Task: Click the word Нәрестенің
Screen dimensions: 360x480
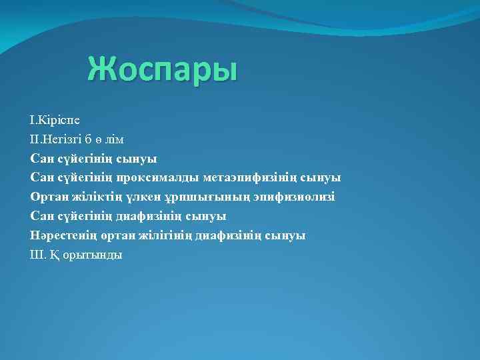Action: [61, 235]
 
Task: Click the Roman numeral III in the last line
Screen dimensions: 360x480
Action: [36, 255]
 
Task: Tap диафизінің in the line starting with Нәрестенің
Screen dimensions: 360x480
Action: [228, 235]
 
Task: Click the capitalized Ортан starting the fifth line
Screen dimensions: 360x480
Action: [47, 197]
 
